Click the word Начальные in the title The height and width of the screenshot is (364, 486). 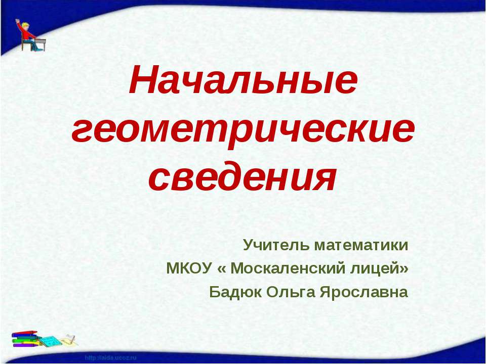[243, 82]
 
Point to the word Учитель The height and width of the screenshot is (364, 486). [276, 245]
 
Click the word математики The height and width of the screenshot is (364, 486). [361, 245]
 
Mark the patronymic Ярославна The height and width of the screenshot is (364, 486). [363, 292]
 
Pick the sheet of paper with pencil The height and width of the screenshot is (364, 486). [69, 337]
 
